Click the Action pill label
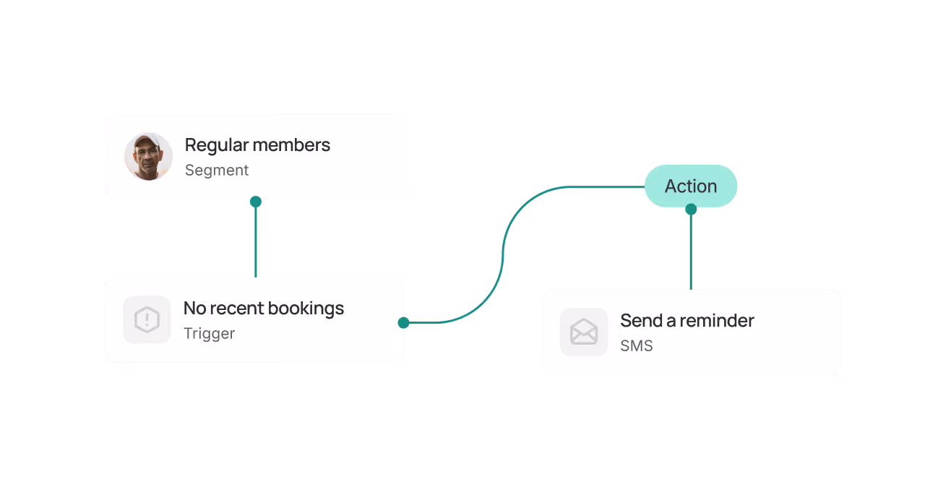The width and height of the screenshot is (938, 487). [690, 186]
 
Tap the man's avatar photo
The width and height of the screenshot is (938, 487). [148, 156]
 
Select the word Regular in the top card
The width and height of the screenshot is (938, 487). [212, 145]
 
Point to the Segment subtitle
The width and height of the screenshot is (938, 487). [216, 171]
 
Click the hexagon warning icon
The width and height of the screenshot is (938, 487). [147, 319]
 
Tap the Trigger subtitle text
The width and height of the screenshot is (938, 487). [209, 334]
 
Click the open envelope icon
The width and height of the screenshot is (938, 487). [583, 332]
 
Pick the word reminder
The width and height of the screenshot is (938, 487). [718, 321]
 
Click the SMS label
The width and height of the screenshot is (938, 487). [636, 346]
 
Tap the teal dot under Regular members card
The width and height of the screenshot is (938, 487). [255, 202]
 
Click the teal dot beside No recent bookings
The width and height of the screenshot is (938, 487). [403, 323]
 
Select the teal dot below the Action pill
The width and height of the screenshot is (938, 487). [691, 210]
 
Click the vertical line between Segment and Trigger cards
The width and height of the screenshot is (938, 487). [255, 242]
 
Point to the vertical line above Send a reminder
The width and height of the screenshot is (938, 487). [691, 253]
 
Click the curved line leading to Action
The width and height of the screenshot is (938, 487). [503, 253]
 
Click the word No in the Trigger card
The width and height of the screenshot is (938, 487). [194, 309]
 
